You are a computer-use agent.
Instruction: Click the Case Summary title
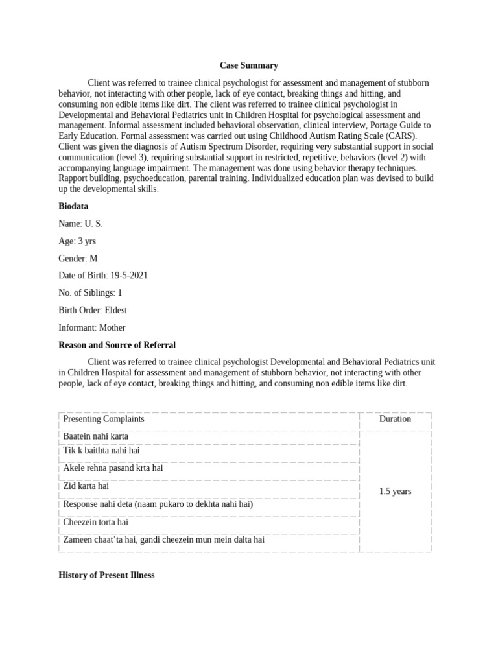tap(249, 65)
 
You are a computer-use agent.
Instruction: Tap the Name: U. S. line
tap(80, 224)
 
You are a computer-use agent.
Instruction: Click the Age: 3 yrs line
tap(77, 241)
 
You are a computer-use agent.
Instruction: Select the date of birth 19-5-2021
tap(129, 276)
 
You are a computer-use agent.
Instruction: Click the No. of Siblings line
tap(90, 293)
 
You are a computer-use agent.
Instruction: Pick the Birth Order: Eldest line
tap(93, 310)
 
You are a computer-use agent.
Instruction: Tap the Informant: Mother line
tap(92, 327)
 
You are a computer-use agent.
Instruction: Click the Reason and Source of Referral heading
tap(117, 345)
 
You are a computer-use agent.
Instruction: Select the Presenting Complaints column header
tap(104, 419)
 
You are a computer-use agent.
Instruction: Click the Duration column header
tap(395, 419)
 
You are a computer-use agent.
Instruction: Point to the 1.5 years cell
tap(395, 492)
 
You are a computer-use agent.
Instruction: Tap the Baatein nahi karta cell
tap(96, 436)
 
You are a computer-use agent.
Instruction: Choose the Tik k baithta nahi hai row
tap(101, 450)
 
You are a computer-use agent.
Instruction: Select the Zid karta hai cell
tap(86, 486)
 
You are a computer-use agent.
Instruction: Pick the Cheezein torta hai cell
tap(95, 522)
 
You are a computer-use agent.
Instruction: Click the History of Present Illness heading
tap(106, 575)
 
